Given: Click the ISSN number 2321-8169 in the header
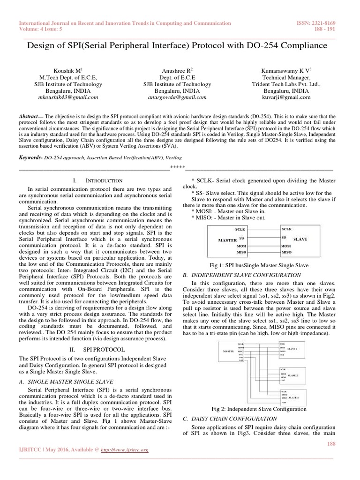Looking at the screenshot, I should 324,23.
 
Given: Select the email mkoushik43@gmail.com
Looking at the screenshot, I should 68,97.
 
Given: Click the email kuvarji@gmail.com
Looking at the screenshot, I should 287,97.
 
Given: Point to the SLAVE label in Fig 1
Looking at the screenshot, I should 300,239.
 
